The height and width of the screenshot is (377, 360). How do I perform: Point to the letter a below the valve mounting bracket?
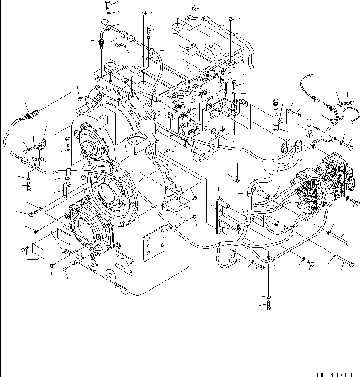pos(234,141)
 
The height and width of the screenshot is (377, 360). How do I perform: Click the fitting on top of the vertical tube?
pos(275,102)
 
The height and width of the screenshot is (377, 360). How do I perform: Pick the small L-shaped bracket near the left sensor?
pos(43,143)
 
